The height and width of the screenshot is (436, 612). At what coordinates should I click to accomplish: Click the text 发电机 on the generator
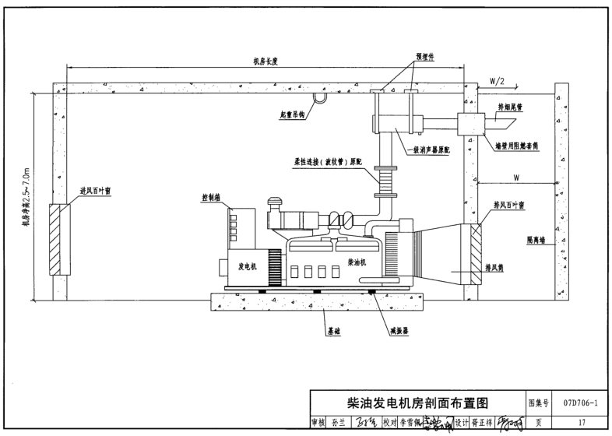[x=249, y=265]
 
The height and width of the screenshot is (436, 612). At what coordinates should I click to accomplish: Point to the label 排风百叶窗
[x=509, y=206]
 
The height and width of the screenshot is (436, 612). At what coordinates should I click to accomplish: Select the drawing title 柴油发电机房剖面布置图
[x=418, y=403]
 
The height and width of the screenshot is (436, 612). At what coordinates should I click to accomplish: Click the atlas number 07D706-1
[x=579, y=403]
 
